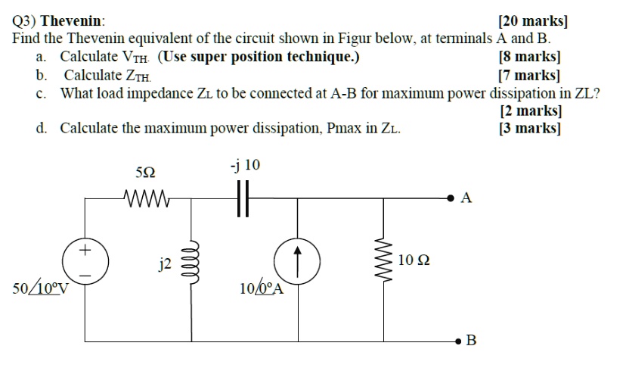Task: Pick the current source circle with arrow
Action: tap(297, 260)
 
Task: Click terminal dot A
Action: tap(452, 198)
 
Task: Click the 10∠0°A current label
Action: tap(260, 289)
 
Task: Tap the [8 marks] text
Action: tap(530, 57)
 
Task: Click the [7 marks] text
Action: tap(530, 75)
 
